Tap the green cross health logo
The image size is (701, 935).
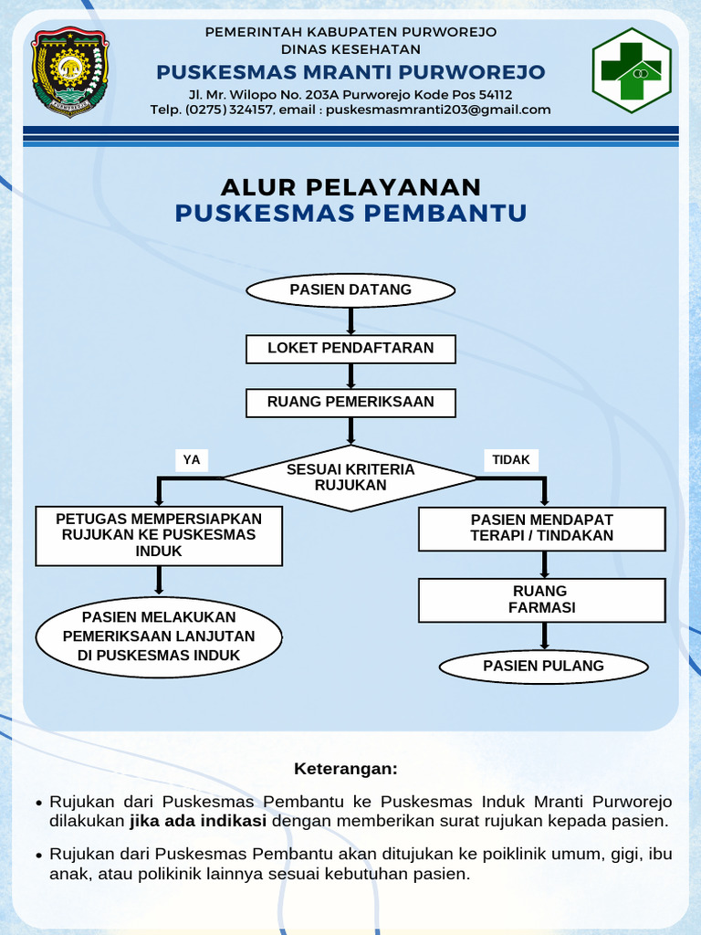click(632, 70)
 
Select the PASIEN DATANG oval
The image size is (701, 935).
click(350, 290)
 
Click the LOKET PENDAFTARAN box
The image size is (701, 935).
click(350, 348)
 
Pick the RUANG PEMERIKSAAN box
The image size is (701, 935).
click(350, 403)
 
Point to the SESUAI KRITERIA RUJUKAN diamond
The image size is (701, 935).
click(350, 478)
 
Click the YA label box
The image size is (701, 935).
click(192, 460)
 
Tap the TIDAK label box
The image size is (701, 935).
click(510, 460)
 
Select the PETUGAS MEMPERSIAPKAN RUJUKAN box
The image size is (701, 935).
click(159, 536)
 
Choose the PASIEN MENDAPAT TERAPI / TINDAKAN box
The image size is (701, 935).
click(542, 529)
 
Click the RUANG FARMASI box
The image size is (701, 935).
click(542, 600)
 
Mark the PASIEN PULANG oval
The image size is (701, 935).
click(543, 667)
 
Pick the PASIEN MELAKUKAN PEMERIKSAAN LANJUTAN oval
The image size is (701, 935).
click(159, 636)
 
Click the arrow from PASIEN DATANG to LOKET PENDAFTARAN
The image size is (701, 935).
click(350, 321)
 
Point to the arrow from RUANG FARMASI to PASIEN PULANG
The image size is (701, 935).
click(544, 636)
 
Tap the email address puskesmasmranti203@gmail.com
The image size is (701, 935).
click(438, 110)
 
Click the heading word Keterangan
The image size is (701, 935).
click(346, 769)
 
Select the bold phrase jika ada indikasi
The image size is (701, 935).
click(198, 821)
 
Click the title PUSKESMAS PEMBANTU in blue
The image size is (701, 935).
click(350, 214)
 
